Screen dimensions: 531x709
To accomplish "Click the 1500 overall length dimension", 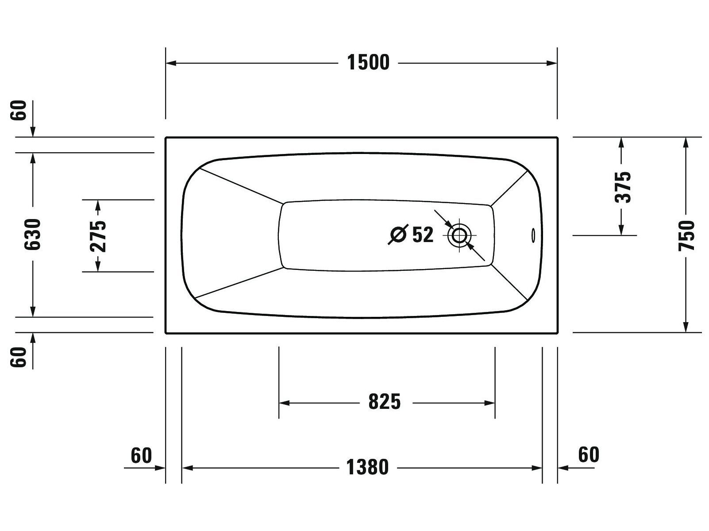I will pyautogui.click(x=368, y=63).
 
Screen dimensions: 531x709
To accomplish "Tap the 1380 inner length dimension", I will pyautogui.click(x=367, y=467).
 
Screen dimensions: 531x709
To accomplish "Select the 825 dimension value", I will pyautogui.click(x=384, y=402).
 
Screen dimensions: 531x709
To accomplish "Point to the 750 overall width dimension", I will pyautogui.click(x=686, y=235).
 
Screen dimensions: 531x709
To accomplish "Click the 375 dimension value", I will pyautogui.click(x=623, y=187).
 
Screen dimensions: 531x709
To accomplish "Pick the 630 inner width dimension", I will pyautogui.click(x=33, y=235).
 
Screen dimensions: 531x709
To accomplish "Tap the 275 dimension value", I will pyautogui.click(x=98, y=235).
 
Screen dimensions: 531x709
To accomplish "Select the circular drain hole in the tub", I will pyautogui.click(x=459, y=235).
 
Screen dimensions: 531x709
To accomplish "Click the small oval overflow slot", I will pyautogui.click(x=533, y=235).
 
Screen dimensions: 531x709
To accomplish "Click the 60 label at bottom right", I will pyautogui.click(x=589, y=454).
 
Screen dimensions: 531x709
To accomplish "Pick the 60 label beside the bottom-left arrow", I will pyautogui.click(x=141, y=455).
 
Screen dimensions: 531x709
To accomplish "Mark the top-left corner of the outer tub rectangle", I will pyautogui.click(x=166, y=138).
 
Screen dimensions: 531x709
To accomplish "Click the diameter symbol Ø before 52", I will pyautogui.click(x=397, y=235).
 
